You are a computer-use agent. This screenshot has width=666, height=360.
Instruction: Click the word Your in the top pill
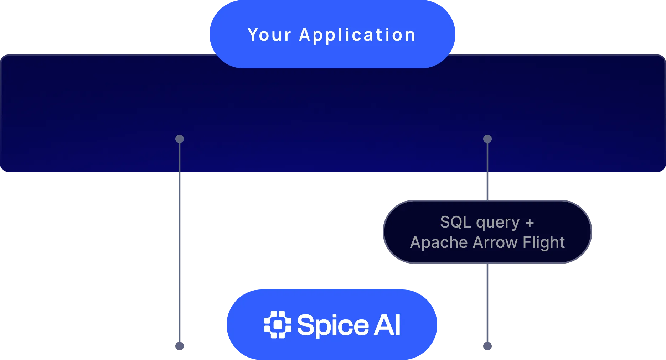(x=269, y=35)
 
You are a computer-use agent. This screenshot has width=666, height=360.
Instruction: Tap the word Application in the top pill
(x=357, y=35)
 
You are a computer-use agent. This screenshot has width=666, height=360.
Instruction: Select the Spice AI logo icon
(x=278, y=324)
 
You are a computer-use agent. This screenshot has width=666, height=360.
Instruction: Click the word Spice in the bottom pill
(x=333, y=325)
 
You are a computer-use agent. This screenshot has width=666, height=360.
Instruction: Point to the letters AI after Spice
(x=387, y=325)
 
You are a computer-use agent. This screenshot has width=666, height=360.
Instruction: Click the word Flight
(x=543, y=243)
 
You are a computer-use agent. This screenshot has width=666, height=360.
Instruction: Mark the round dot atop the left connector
(x=180, y=139)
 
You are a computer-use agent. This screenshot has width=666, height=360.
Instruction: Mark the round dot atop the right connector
(x=487, y=139)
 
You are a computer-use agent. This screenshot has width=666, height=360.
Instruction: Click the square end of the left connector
(x=180, y=346)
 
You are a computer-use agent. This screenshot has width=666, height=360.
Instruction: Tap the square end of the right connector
(x=487, y=346)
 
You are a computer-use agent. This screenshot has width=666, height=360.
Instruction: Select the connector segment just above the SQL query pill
(x=487, y=187)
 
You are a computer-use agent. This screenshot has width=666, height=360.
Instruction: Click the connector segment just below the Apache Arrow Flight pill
(x=487, y=303)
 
